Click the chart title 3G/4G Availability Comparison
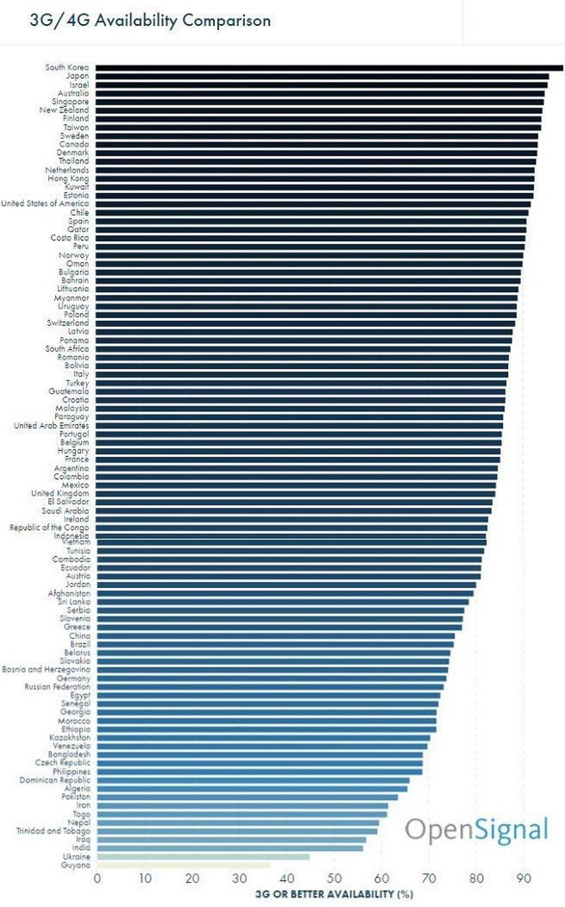(150, 20)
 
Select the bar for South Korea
(328, 67)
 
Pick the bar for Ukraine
(203, 856)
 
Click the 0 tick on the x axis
(97, 879)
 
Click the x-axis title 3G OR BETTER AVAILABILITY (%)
(334, 894)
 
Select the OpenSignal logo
(476, 829)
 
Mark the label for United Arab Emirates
(51, 425)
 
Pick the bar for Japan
(322, 76)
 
